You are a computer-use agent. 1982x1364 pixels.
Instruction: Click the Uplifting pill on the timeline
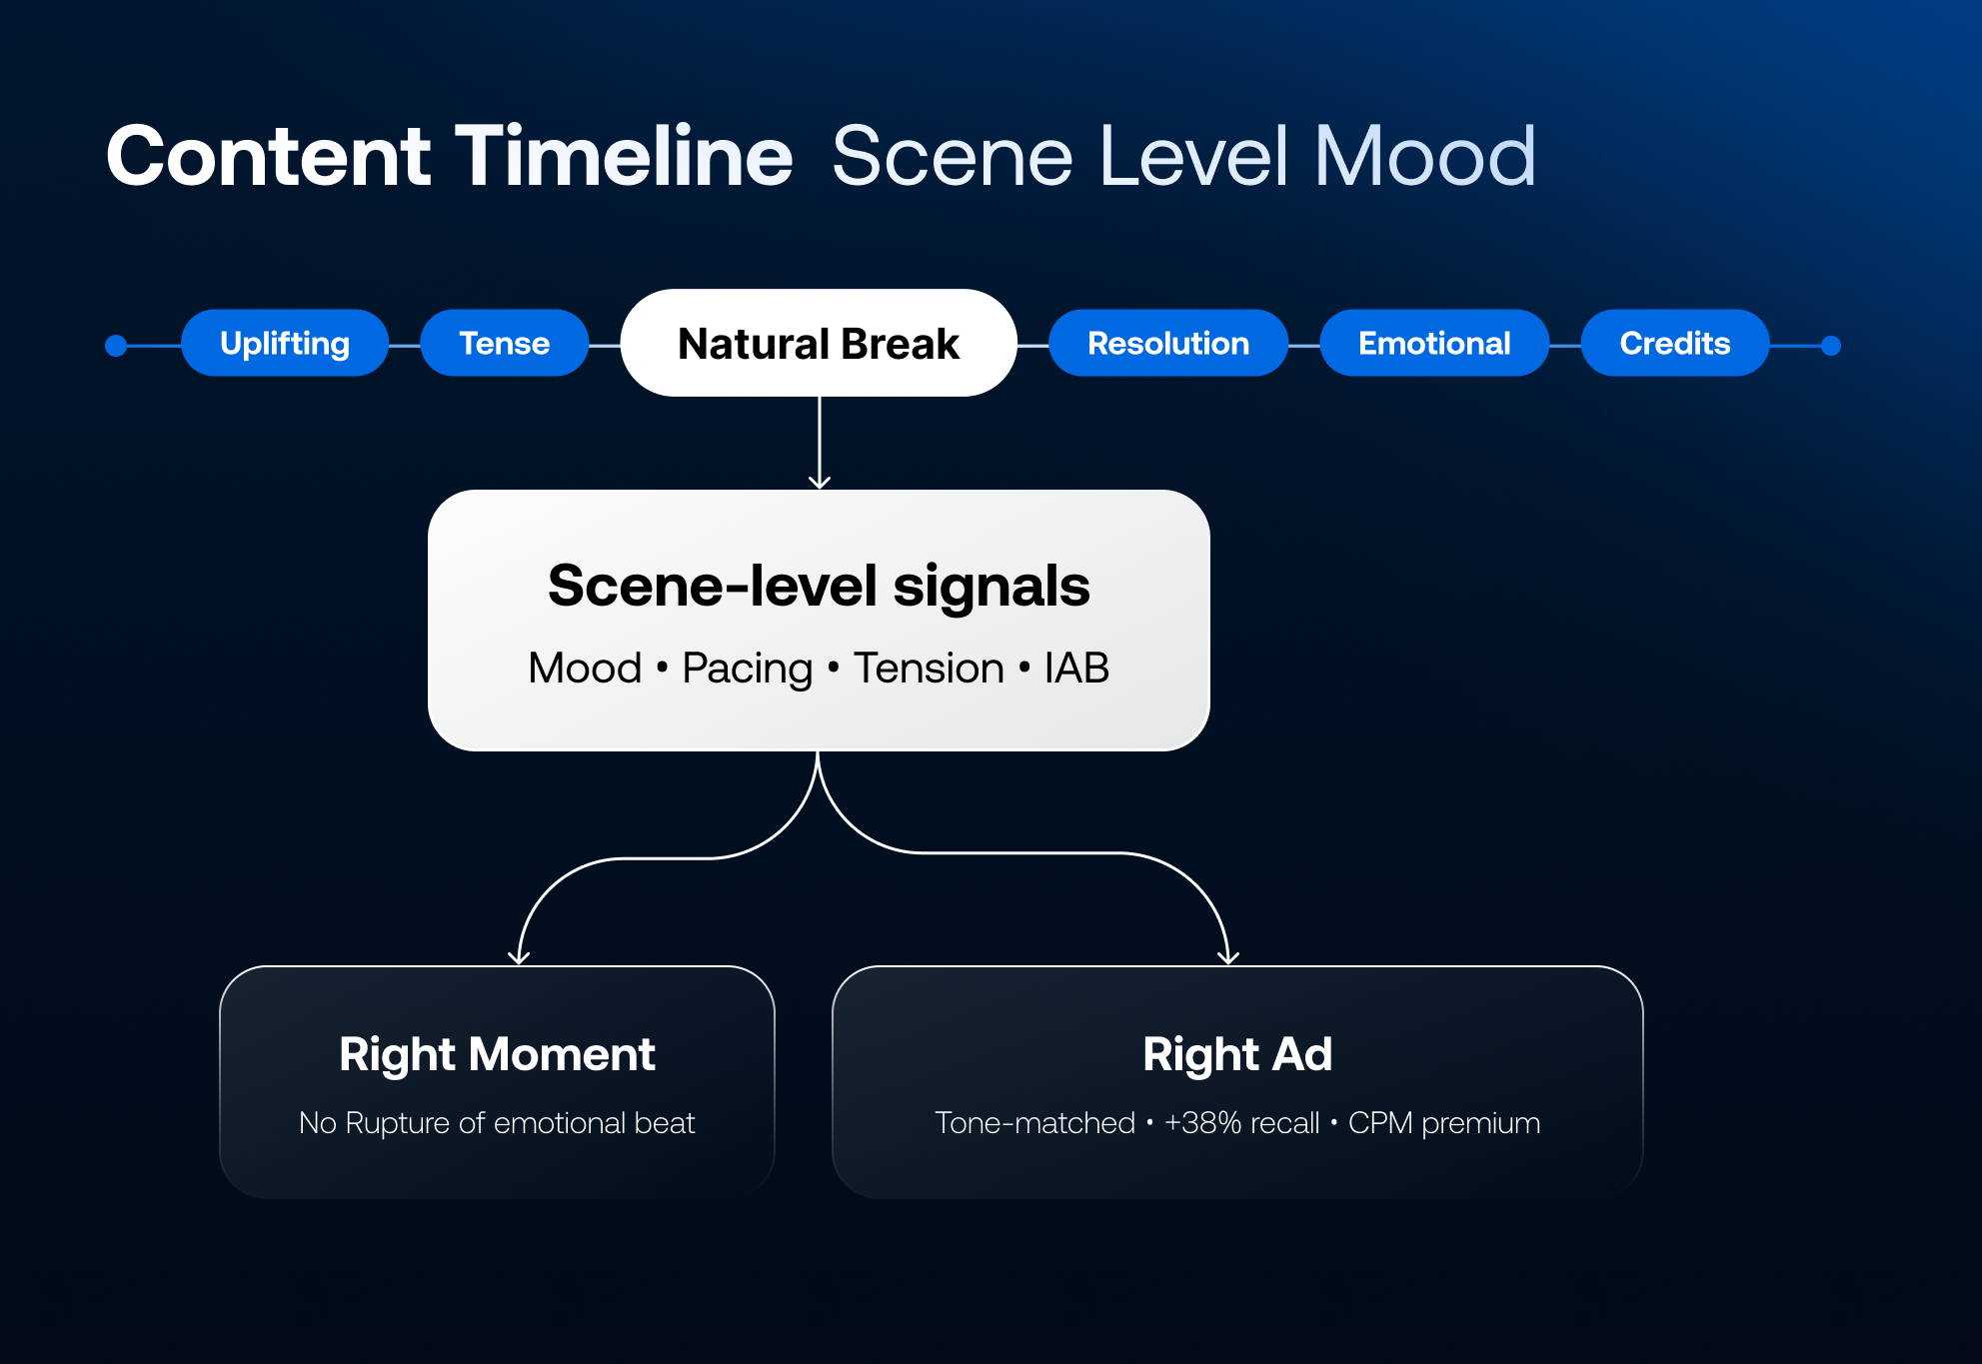(285, 343)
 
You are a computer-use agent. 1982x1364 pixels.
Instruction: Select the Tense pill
(504, 343)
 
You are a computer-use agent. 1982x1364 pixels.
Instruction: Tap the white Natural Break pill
(819, 343)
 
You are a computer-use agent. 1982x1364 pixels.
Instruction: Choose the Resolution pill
(1168, 343)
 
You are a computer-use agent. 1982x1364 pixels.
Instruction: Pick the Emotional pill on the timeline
(1434, 343)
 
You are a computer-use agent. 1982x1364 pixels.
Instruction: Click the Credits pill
(1675, 343)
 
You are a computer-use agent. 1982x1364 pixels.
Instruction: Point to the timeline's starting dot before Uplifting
(116, 346)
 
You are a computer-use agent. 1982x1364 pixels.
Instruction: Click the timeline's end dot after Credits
(1831, 346)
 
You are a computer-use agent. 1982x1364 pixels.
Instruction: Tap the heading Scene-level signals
(819, 586)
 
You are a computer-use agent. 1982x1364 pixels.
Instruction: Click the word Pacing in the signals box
(747, 669)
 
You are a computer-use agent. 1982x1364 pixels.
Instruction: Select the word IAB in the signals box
(1076, 668)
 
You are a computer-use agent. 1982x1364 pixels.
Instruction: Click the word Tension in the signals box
(929, 668)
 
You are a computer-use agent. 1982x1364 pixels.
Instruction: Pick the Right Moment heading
(497, 1054)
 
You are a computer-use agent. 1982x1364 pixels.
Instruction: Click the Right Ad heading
(1237, 1054)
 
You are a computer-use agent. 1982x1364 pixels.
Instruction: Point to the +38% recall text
(1241, 1123)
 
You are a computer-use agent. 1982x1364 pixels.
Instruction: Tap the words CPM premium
(1444, 1123)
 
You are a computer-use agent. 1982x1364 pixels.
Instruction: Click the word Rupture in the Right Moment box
(398, 1124)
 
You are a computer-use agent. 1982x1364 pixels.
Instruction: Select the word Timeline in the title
(625, 156)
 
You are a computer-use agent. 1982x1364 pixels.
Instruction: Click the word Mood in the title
(1425, 156)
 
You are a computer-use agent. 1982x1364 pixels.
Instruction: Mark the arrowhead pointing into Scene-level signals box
(820, 483)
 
